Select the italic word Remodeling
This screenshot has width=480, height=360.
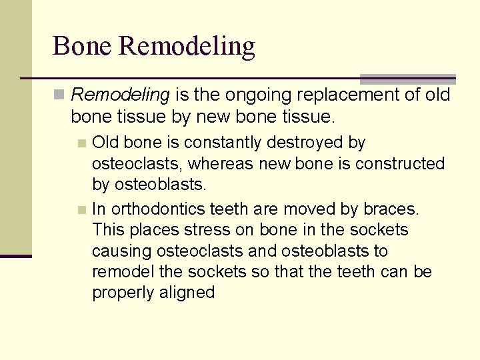(120, 95)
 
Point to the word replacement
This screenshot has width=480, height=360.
(348, 95)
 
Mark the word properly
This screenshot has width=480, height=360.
(122, 293)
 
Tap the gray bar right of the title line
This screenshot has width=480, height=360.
(407, 79)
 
